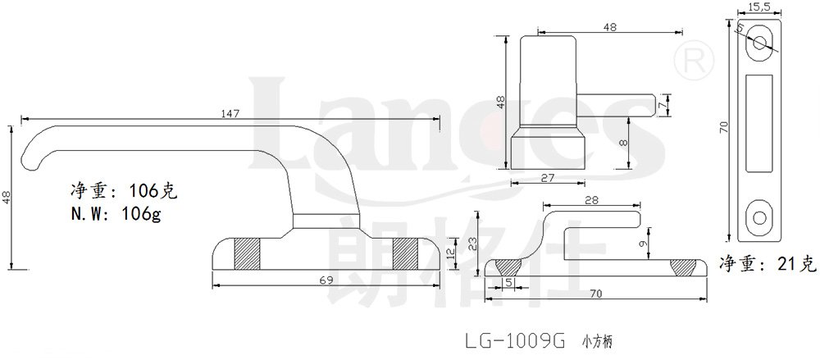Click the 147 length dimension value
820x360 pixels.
tap(230, 113)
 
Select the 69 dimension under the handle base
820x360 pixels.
tap(326, 280)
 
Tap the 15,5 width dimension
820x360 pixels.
tap(758, 7)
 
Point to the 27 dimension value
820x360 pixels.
tap(546, 175)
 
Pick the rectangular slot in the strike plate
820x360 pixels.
tap(761, 125)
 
